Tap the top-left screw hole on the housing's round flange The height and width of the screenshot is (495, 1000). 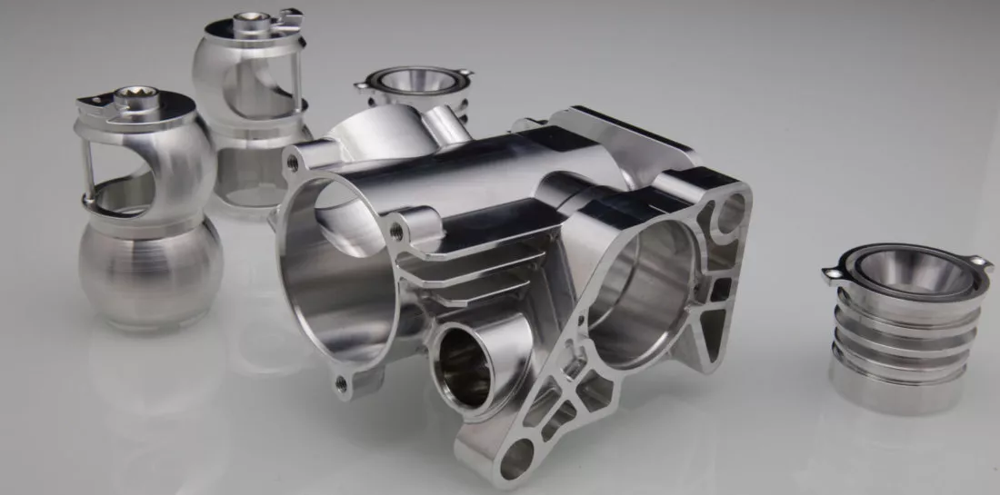click(292, 163)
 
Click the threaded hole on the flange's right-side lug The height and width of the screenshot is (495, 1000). click(396, 232)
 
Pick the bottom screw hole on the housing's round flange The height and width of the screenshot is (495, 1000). click(342, 384)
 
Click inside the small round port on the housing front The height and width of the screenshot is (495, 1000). click(464, 363)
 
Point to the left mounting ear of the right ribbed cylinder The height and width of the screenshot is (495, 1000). click(834, 272)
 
